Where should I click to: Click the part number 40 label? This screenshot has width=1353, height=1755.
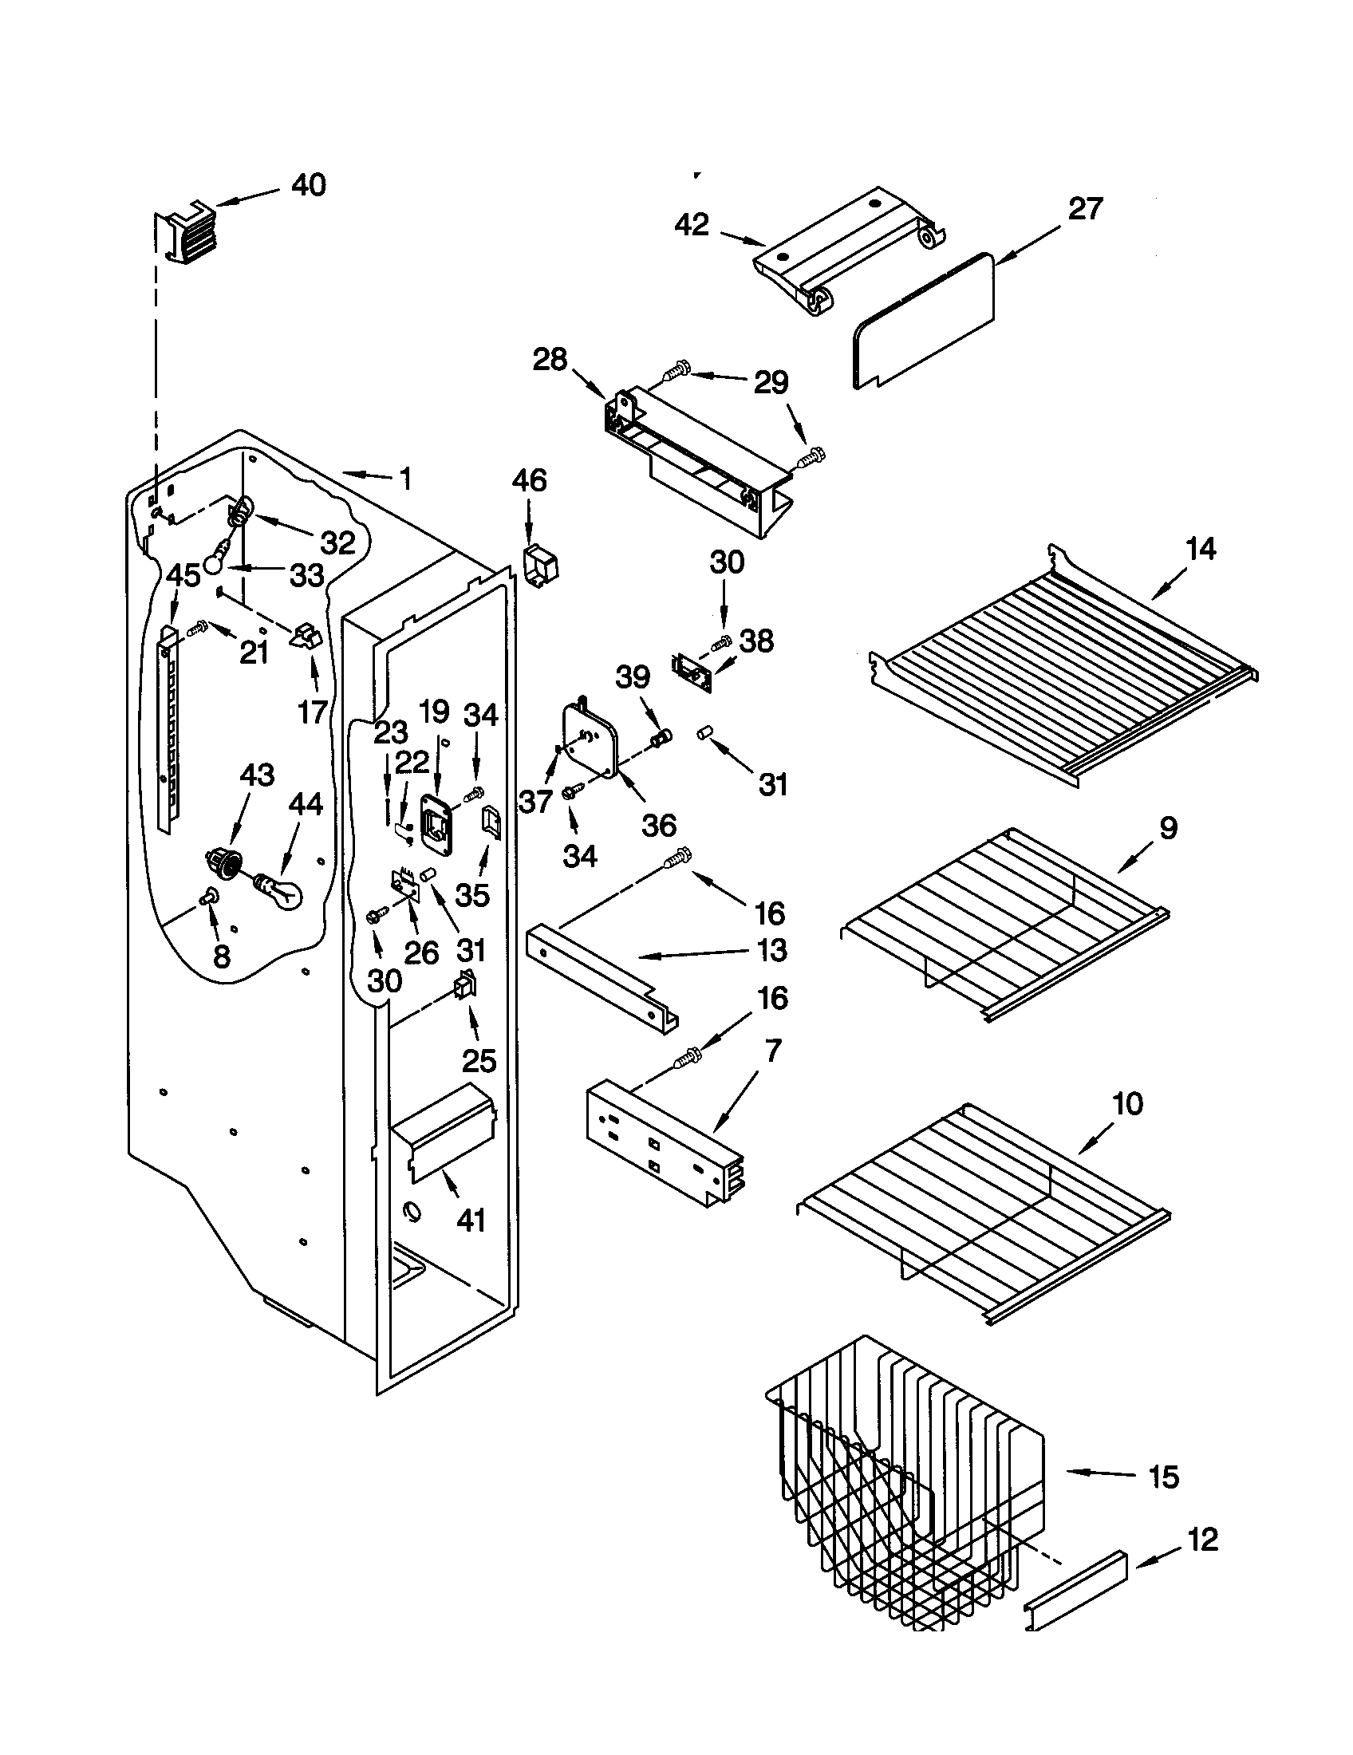pyautogui.click(x=309, y=186)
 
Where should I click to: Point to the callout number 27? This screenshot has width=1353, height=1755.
pyautogui.click(x=1085, y=210)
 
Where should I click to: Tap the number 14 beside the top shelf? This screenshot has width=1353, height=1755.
pyautogui.click(x=1201, y=550)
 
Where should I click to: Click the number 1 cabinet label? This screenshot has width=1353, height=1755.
pyautogui.click(x=405, y=479)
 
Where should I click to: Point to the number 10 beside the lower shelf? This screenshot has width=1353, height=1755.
pyautogui.click(x=1128, y=1104)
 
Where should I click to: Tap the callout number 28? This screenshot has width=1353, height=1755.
pyautogui.click(x=550, y=359)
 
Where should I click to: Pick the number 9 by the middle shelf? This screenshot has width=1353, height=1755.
pyautogui.click(x=1167, y=827)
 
